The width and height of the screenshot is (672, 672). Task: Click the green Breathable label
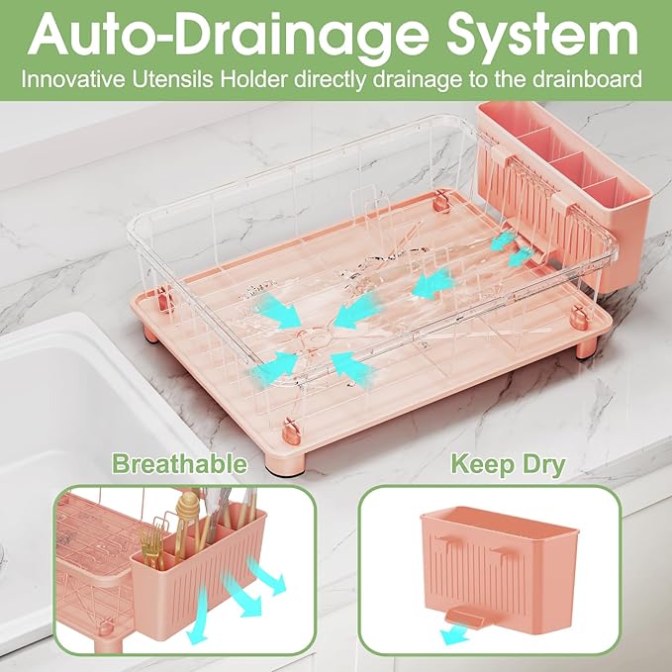coord(179,463)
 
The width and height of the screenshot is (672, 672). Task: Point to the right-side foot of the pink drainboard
coord(587,346)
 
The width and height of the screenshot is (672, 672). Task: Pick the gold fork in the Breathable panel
coord(152,543)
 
